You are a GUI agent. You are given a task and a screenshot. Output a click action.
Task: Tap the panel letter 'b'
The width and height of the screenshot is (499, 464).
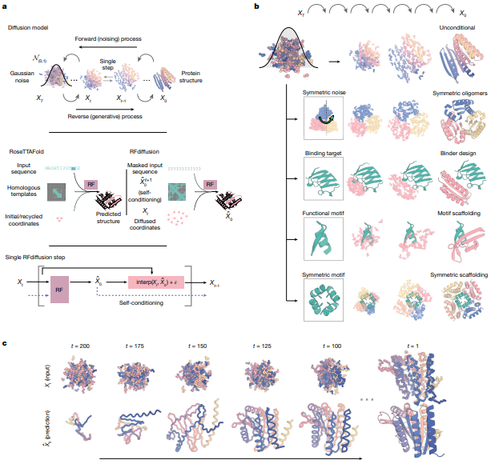256,6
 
